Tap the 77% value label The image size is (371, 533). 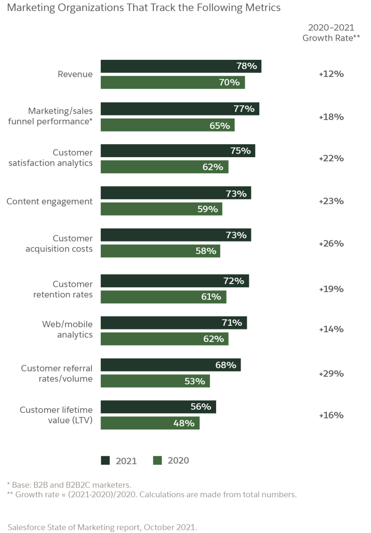click(244, 109)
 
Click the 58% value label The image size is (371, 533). click(206, 251)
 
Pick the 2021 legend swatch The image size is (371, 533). click(105, 460)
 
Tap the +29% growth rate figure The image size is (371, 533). click(331, 373)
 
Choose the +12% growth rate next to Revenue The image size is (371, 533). click(331, 74)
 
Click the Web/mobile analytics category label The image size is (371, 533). click(68, 329)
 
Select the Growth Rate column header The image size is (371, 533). click(331, 32)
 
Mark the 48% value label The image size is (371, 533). click(183, 423)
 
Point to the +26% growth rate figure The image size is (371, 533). click(331, 243)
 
